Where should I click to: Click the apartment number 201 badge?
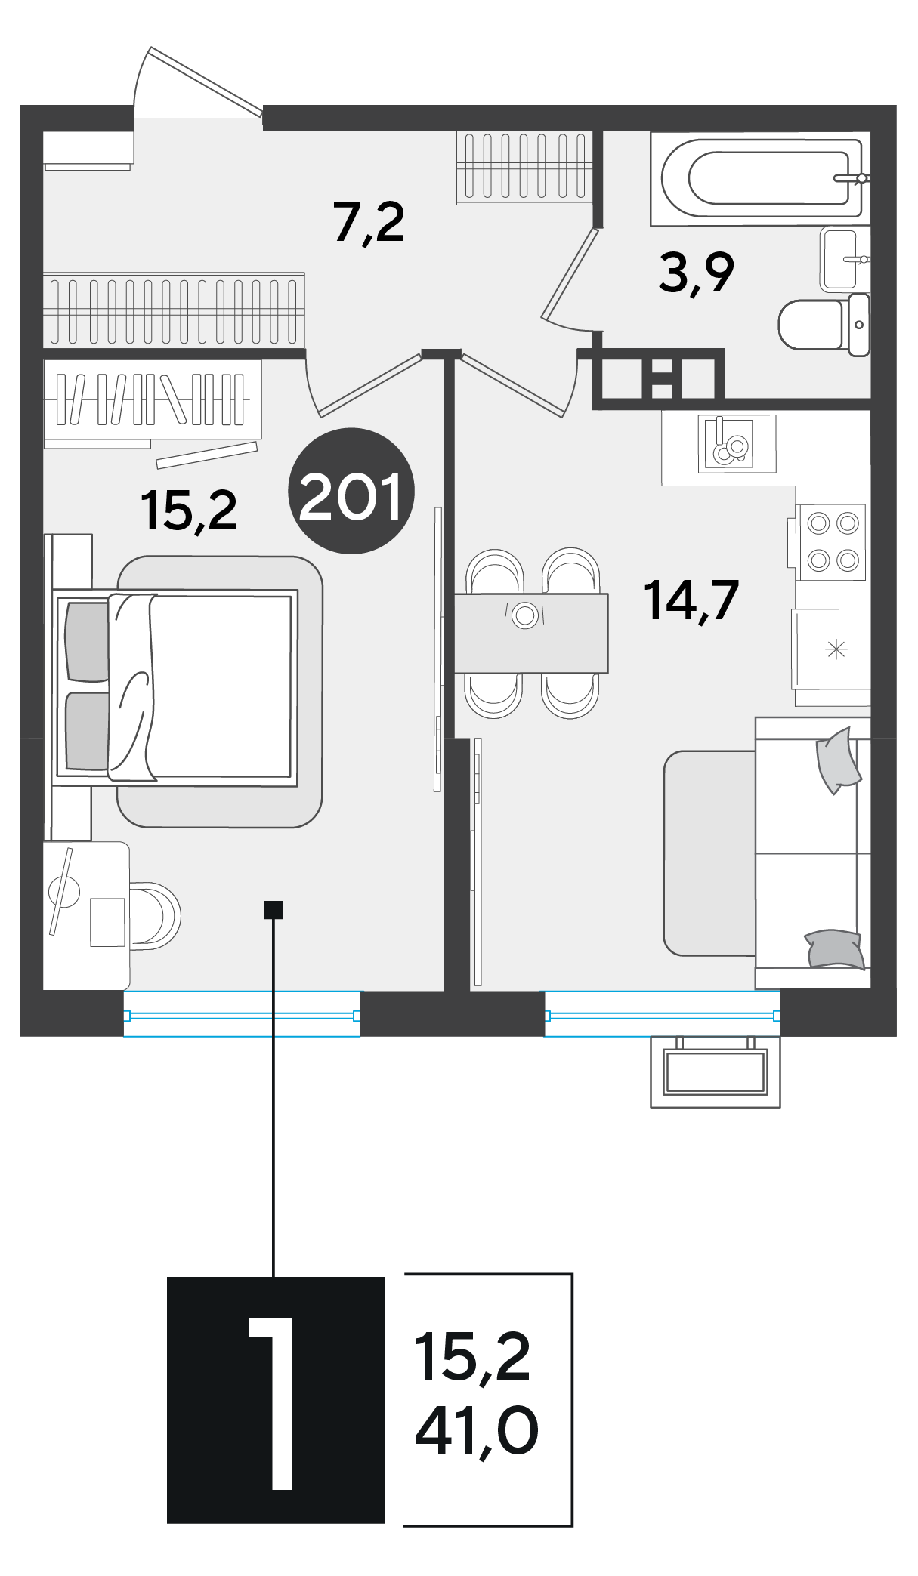(x=351, y=491)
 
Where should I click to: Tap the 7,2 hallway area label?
(x=369, y=223)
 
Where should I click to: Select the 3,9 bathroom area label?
(x=696, y=273)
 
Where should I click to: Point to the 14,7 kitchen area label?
(x=691, y=600)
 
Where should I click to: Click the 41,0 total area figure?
(x=477, y=1430)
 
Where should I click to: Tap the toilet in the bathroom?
(x=824, y=325)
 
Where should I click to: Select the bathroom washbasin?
(x=845, y=259)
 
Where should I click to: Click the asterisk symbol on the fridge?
(x=836, y=649)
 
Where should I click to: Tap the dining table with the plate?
(x=531, y=633)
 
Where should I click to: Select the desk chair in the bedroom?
(x=155, y=915)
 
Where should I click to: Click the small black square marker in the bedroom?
(x=273, y=909)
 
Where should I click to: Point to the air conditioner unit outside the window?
(x=715, y=1072)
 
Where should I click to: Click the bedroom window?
(x=242, y=1014)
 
